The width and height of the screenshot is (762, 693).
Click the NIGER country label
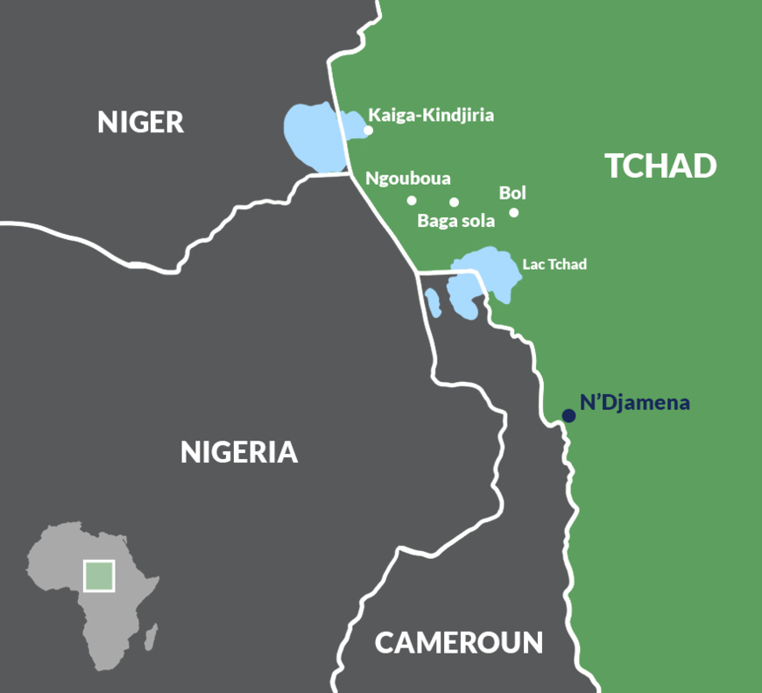point(140,122)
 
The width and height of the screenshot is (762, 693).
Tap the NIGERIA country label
point(239,452)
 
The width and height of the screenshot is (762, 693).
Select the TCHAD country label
point(660,166)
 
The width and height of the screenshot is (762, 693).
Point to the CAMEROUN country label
point(459,642)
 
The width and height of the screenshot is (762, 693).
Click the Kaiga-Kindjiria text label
point(432,115)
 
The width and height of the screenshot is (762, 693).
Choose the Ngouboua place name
point(408,179)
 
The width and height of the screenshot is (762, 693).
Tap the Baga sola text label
point(455,221)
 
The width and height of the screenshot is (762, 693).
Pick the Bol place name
point(512,193)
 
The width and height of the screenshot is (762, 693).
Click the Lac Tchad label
point(554,264)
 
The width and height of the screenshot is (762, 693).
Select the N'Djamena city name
point(635,403)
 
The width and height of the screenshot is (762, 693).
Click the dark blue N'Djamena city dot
point(568,415)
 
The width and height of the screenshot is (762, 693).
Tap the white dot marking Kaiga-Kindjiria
point(368,131)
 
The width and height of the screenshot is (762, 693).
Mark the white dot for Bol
point(514,212)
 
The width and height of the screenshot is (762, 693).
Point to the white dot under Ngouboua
point(412,201)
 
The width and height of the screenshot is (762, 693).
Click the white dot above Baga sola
point(454,202)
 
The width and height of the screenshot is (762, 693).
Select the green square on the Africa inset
point(98,576)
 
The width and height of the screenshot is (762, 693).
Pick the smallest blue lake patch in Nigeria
point(432,301)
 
